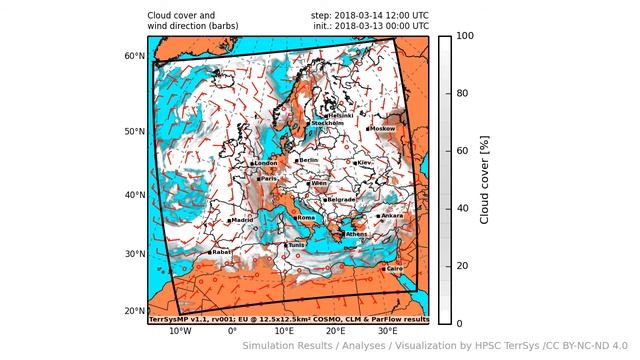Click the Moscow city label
tap(383, 129)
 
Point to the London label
tap(266, 163)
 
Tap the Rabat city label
tap(222, 252)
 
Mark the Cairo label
tap(394, 268)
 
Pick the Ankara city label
tap(392, 215)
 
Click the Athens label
tap(356, 234)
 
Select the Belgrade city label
tap(341, 199)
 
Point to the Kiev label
tap(364, 162)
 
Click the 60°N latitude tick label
tap(134, 56)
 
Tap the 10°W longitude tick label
tap(180, 330)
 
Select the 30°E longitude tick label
tap(387, 330)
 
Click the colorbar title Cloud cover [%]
tap(485, 179)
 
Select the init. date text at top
tap(370, 26)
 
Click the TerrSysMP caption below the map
tap(288, 319)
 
